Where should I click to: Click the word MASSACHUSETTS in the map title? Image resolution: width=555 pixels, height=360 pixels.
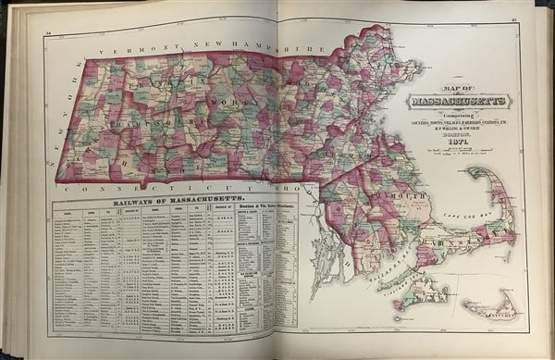point(453,99)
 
